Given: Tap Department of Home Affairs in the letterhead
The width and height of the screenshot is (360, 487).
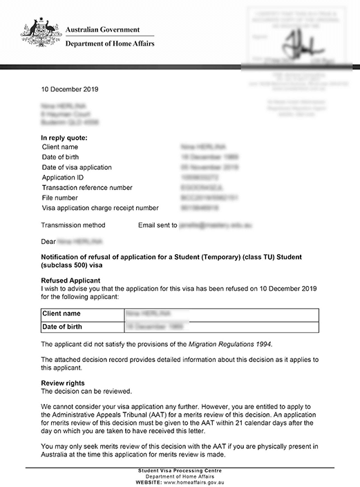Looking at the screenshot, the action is point(110,44).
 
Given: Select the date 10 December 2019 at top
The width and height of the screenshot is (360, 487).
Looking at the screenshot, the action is point(70,90).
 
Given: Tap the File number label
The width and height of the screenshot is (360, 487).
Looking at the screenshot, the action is point(62,198).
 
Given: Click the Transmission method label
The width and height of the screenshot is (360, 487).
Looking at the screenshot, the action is point(73,225).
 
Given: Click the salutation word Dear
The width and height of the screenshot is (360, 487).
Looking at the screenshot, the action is point(48,242).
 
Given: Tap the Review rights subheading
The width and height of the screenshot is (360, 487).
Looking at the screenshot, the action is point(63,383).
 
